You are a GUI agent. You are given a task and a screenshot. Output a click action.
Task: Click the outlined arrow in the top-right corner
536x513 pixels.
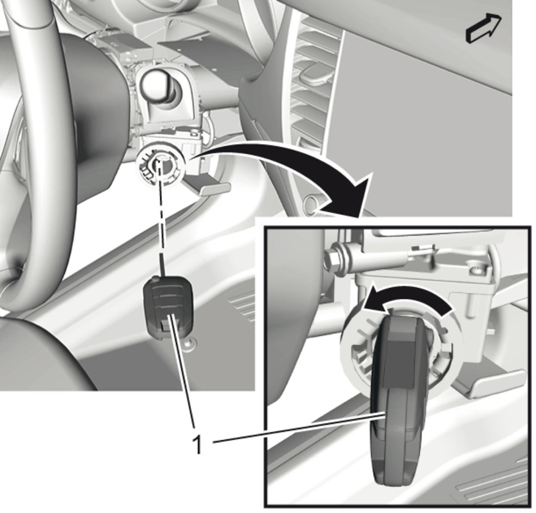(x=483, y=30)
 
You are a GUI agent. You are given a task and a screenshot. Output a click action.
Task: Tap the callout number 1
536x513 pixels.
(x=197, y=444)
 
